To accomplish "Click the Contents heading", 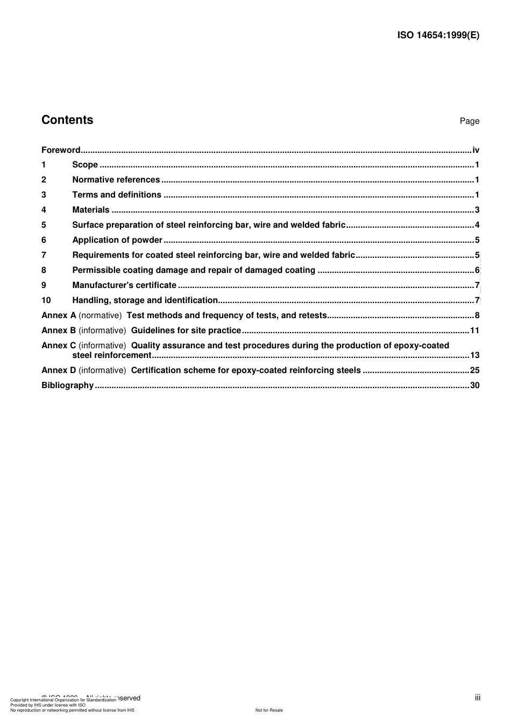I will pyautogui.click(x=67, y=120).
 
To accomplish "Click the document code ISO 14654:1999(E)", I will pyautogui.click(x=438, y=36).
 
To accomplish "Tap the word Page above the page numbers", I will pyautogui.click(x=469, y=121).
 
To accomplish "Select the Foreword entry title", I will pyautogui.click(x=61, y=150).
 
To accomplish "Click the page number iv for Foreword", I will pyautogui.click(x=475, y=150).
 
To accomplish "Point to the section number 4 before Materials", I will pyautogui.click(x=44, y=210).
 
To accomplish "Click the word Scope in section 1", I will pyautogui.click(x=85, y=165).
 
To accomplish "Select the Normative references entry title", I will pyautogui.click(x=116, y=180).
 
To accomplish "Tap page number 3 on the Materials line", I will pyautogui.click(x=477, y=210).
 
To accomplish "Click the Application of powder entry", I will pyautogui.click(x=117, y=240).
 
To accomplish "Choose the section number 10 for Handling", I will pyautogui.click(x=46, y=300).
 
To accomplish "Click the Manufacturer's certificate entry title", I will pyautogui.click(x=124, y=285).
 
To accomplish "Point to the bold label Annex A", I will pyautogui.click(x=59, y=315).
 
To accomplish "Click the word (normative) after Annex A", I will pyautogui.click(x=100, y=315).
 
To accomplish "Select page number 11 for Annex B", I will pyautogui.click(x=474, y=331).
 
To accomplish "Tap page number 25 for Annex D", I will pyautogui.click(x=474, y=370).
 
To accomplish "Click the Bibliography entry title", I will pyautogui.click(x=67, y=385).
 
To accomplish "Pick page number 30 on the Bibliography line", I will pyautogui.click(x=474, y=385).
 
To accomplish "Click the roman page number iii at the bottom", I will pyautogui.click(x=478, y=698).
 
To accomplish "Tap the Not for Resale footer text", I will pyautogui.click(x=269, y=710).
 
